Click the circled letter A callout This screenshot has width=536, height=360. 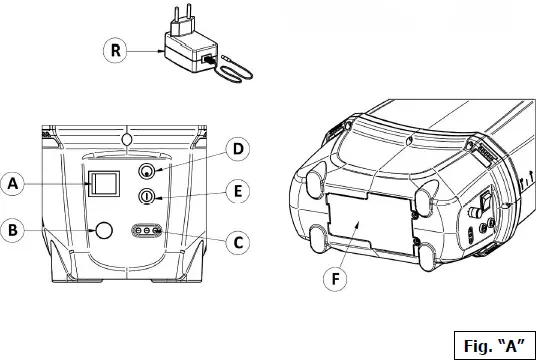[x=13, y=183]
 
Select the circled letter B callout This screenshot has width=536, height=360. [x=13, y=230]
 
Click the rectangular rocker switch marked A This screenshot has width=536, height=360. [x=102, y=183]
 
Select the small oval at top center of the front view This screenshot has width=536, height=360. [x=125, y=135]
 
